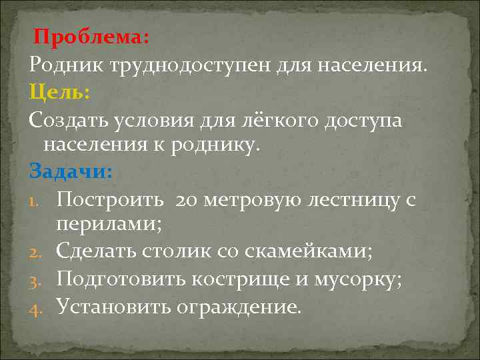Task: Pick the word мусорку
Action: click(x=361, y=279)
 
